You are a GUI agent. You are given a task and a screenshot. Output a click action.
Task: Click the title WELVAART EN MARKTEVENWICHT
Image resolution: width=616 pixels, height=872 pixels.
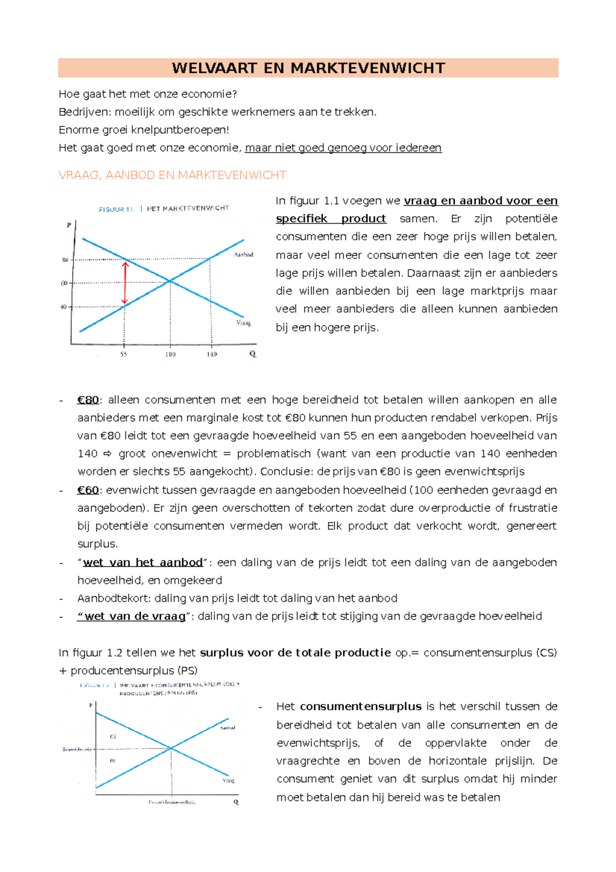pos(308,68)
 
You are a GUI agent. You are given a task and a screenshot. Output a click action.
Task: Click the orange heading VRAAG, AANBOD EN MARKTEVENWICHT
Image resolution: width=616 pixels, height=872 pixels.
pos(172,175)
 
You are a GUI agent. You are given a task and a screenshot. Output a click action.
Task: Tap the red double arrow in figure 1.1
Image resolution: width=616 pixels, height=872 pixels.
pos(124,283)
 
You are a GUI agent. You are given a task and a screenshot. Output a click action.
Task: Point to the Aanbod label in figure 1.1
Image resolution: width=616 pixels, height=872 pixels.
pos(243,255)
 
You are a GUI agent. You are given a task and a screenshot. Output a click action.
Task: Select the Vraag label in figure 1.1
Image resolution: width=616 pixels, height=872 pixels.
pos(243,323)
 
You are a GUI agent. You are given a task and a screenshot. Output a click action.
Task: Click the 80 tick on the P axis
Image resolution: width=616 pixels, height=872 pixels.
pos(65,260)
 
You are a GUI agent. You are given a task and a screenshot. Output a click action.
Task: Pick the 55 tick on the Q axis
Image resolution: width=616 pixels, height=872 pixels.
pos(124,354)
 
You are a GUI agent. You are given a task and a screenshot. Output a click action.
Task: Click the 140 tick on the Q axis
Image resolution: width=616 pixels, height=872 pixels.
pos(211,354)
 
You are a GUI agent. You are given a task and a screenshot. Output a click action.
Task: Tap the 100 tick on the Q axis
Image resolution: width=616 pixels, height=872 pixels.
pos(170,354)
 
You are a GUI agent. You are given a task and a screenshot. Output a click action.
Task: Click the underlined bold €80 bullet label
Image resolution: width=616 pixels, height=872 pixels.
pos(88,400)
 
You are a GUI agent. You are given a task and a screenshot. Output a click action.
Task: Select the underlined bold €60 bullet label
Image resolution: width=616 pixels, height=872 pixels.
pos(88,490)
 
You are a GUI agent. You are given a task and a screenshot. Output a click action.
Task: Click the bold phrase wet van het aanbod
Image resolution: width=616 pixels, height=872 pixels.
pos(143,562)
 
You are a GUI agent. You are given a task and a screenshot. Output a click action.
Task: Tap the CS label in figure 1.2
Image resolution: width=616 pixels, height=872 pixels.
pos(113,736)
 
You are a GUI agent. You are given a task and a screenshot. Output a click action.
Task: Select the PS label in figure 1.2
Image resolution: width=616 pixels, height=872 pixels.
pos(112,761)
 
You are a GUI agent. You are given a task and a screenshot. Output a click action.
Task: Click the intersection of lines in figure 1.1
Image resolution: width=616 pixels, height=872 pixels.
pos(170,281)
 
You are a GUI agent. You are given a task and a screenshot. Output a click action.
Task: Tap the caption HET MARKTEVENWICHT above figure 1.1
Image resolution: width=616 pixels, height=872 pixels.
pos(187,208)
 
